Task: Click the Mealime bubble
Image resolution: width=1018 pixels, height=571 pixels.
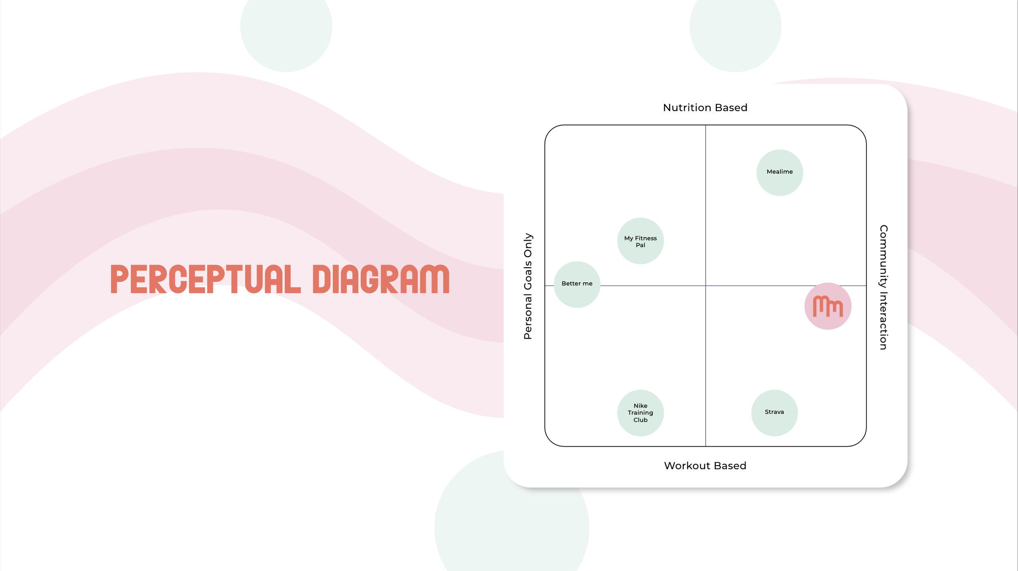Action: click(x=779, y=172)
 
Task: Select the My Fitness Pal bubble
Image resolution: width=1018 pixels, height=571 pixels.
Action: click(x=640, y=241)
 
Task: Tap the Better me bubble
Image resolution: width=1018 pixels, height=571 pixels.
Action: click(x=577, y=284)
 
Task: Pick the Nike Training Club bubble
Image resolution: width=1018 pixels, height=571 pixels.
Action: click(x=640, y=413)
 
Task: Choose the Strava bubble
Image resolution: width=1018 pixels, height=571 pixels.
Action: click(x=774, y=413)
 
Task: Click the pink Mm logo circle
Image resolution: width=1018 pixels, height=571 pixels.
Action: click(x=827, y=306)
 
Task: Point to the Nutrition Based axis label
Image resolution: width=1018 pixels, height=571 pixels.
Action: click(x=705, y=107)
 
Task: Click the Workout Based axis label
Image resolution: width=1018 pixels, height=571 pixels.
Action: click(x=705, y=466)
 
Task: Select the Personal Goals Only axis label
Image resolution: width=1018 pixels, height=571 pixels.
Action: click(x=528, y=286)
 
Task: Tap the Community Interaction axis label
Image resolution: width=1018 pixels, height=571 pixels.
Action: click(x=883, y=287)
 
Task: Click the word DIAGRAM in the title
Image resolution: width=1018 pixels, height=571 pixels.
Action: click(x=381, y=279)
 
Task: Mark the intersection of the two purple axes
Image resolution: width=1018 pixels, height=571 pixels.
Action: click(x=705, y=286)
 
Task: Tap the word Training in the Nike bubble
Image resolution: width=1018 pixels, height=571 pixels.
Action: click(x=640, y=413)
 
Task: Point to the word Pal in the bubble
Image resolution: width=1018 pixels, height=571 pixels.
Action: click(x=640, y=245)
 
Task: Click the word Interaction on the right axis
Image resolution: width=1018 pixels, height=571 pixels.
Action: click(x=883, y=319)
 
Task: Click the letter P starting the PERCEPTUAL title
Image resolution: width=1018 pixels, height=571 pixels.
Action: click(x=119, y=279)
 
